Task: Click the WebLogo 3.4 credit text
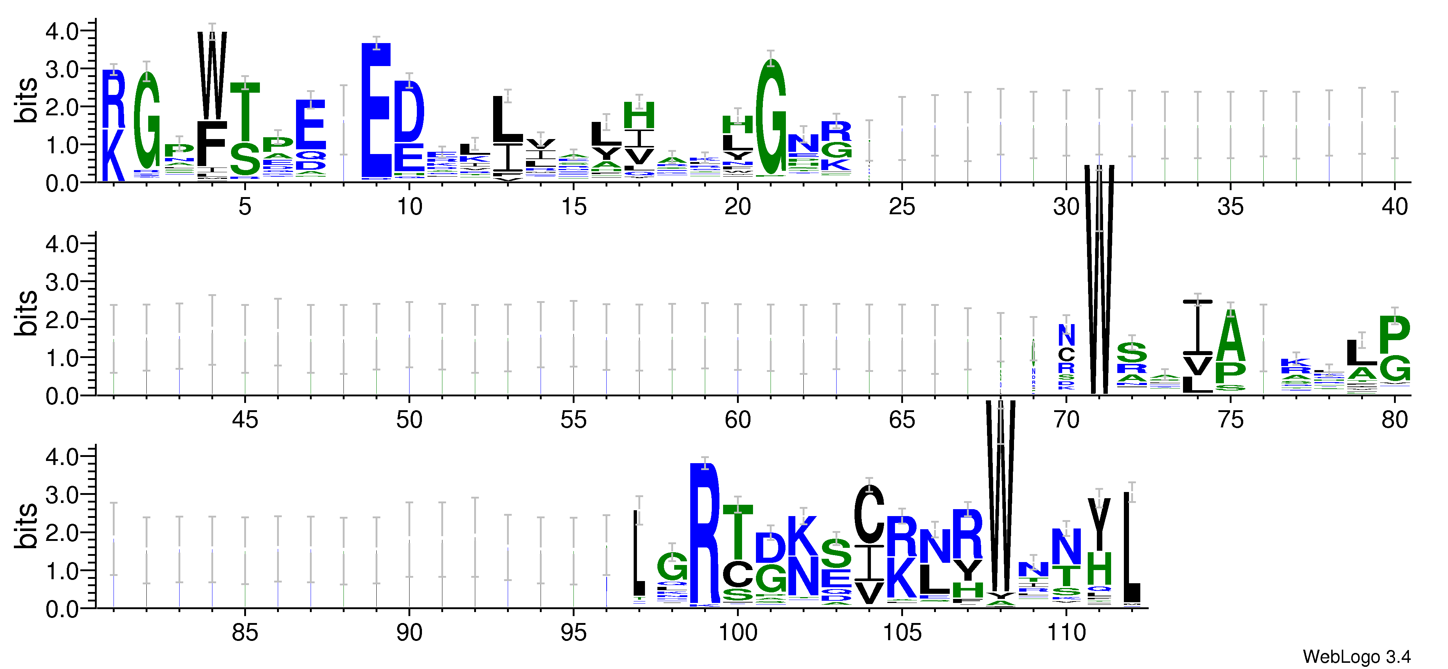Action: (1356, 656)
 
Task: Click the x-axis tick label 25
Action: (902, 207)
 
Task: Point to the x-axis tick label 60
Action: (737, 420)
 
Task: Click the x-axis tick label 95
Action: (573, 633)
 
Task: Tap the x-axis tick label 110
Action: (1066, 633)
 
